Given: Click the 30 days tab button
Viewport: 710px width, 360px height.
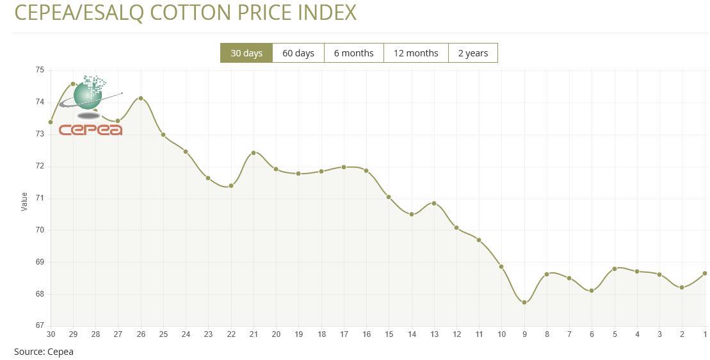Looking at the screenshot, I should point(246,53).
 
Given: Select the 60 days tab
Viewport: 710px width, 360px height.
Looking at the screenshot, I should point(298,53).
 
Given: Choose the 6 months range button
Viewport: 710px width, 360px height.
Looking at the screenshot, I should point(353,53).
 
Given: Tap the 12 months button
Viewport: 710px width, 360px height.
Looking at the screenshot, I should point(416,53).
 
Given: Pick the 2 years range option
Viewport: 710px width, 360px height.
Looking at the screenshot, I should point(472,53).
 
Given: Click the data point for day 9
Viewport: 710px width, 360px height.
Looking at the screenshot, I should point(524,302).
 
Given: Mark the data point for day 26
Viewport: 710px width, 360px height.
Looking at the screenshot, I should point(141,98).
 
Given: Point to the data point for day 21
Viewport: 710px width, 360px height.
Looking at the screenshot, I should point(254,152).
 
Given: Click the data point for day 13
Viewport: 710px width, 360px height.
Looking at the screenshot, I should point(434,203).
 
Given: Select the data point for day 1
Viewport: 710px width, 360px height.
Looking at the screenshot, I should point(705,274).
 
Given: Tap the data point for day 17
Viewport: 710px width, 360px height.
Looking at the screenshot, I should point(344,167).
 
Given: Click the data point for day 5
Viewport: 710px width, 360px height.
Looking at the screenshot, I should point(615,268).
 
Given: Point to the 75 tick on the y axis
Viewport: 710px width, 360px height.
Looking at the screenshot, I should point(40,70).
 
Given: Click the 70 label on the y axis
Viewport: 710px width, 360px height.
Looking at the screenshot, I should point(40,230).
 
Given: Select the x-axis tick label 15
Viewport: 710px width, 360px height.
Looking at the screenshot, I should point(389,334).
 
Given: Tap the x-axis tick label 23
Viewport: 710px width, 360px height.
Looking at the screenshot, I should point(208,334).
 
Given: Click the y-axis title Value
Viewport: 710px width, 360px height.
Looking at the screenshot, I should point(24,201).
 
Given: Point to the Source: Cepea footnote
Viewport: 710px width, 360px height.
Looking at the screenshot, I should point(44,351).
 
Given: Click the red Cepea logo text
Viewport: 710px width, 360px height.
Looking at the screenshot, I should point(90,130).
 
